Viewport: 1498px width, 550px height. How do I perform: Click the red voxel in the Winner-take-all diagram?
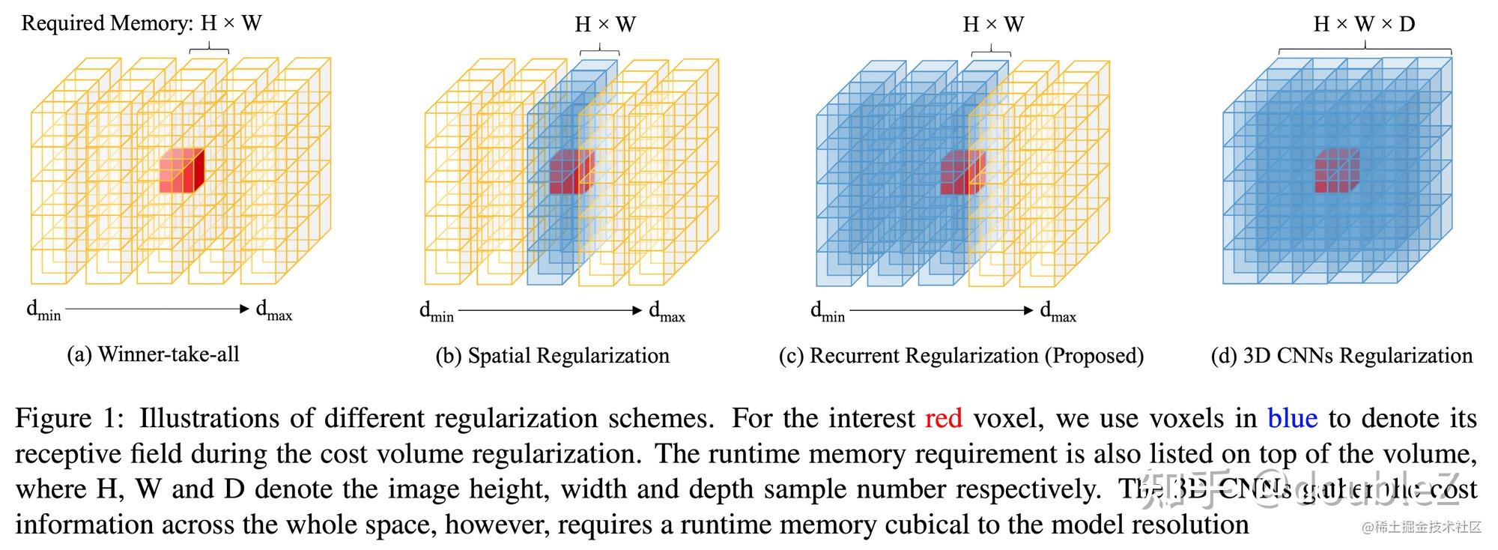pyautogui.click(x=181, y=171)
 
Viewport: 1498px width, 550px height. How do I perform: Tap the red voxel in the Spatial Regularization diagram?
pyautogui.click(x=571, y=172)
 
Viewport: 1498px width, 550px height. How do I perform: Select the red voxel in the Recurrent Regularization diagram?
pyautogui.click(x=962, y=172)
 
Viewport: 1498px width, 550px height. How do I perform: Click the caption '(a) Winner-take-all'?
pyautogui.click(x=153, y=354)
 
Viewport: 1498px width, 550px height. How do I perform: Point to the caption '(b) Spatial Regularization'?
pyautogui.click(x=552, y=356)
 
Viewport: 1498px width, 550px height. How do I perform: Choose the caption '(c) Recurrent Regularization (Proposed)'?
pyautogui.click(x=961, y=356)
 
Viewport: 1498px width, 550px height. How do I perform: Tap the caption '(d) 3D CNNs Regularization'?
pyautogui.click(x=1341, y=356)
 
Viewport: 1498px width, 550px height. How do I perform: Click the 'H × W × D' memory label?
pyautogui.click(x=1364, y=24)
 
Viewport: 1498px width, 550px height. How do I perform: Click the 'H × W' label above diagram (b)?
pyautogui.click(x=605, y=25)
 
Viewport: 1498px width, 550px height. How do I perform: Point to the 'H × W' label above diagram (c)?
pyautogui.click(x=993, y=25)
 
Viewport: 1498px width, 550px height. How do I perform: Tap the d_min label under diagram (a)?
pyautogui.click(x=43, y=310)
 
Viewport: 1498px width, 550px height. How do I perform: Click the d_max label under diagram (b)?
pyautogui.click(x=667, y=311)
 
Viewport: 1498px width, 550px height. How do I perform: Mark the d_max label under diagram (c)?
pyautogui.click(x=1058, y=311)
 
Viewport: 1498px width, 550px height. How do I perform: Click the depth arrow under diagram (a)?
pyautogui.click(x=157, y=309)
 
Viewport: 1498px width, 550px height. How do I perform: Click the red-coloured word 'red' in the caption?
pyautogui.click(x=943, y=418)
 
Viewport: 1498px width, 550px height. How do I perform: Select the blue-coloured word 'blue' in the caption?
pyautogui.click(x=1292, y=418)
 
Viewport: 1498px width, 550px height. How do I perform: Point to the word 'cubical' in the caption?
pyautogui.click(x=927, y=525)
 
